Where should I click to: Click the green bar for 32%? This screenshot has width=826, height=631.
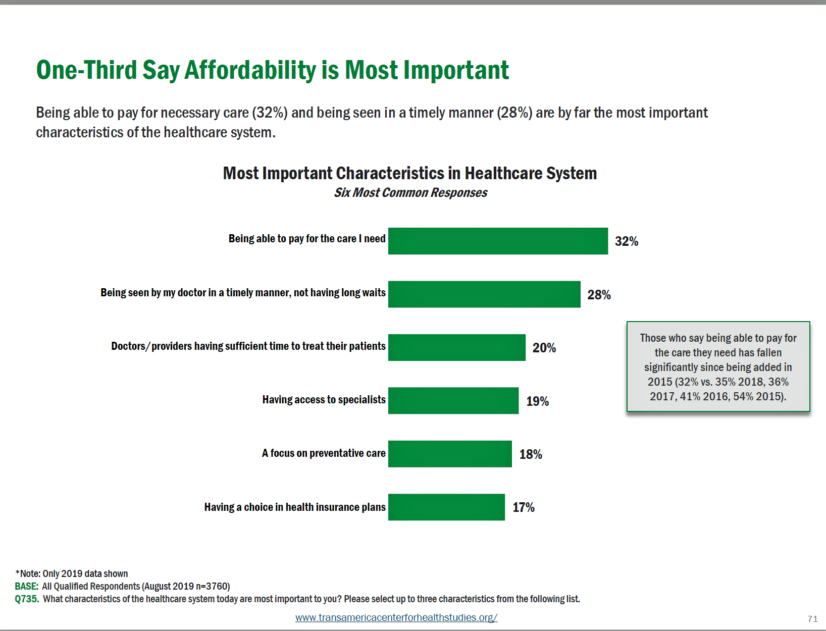pos(498,241)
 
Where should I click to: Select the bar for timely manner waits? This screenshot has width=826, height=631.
pos(484,294)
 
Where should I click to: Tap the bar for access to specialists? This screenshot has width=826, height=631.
pos(453,401)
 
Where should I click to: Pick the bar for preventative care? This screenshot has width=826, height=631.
pos(450,454)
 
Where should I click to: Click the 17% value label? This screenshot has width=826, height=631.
pos(524,507)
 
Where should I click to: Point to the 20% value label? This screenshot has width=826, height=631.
pos(544,348)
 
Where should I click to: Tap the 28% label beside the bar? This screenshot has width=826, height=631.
pos(599,295)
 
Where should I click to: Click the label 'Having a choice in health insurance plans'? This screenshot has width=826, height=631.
pos(295,507)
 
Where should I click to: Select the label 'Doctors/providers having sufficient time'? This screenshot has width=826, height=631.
pos(248,346)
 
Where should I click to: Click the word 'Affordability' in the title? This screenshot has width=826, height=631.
pos(250,70)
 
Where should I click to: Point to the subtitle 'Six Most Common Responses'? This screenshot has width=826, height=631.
pos(410,193)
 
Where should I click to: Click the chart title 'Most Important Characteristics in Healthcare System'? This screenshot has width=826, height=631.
pos(409,173)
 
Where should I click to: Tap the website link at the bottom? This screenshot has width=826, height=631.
pos(396,617)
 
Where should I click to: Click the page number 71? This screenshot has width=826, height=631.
pos(812,618)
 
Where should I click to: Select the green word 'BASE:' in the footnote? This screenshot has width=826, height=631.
pos(27,587)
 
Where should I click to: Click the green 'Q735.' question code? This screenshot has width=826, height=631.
pos(27,599)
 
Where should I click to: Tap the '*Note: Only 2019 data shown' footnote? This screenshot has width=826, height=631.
pos(72,573)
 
